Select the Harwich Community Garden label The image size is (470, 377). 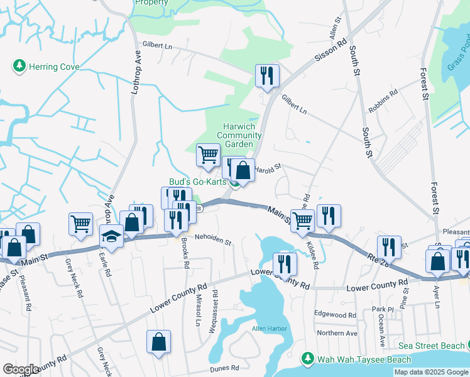236,135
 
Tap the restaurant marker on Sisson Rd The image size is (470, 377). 267,76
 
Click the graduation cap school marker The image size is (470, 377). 111,238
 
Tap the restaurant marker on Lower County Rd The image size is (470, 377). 285,264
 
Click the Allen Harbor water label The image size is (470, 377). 270,329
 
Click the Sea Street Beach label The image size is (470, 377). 431,346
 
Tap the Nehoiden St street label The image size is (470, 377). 212,241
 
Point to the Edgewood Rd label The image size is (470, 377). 336,315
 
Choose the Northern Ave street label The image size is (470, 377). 337,333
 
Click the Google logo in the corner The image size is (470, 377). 21,369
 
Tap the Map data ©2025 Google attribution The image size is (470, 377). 431,372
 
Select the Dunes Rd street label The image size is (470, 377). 224,368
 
